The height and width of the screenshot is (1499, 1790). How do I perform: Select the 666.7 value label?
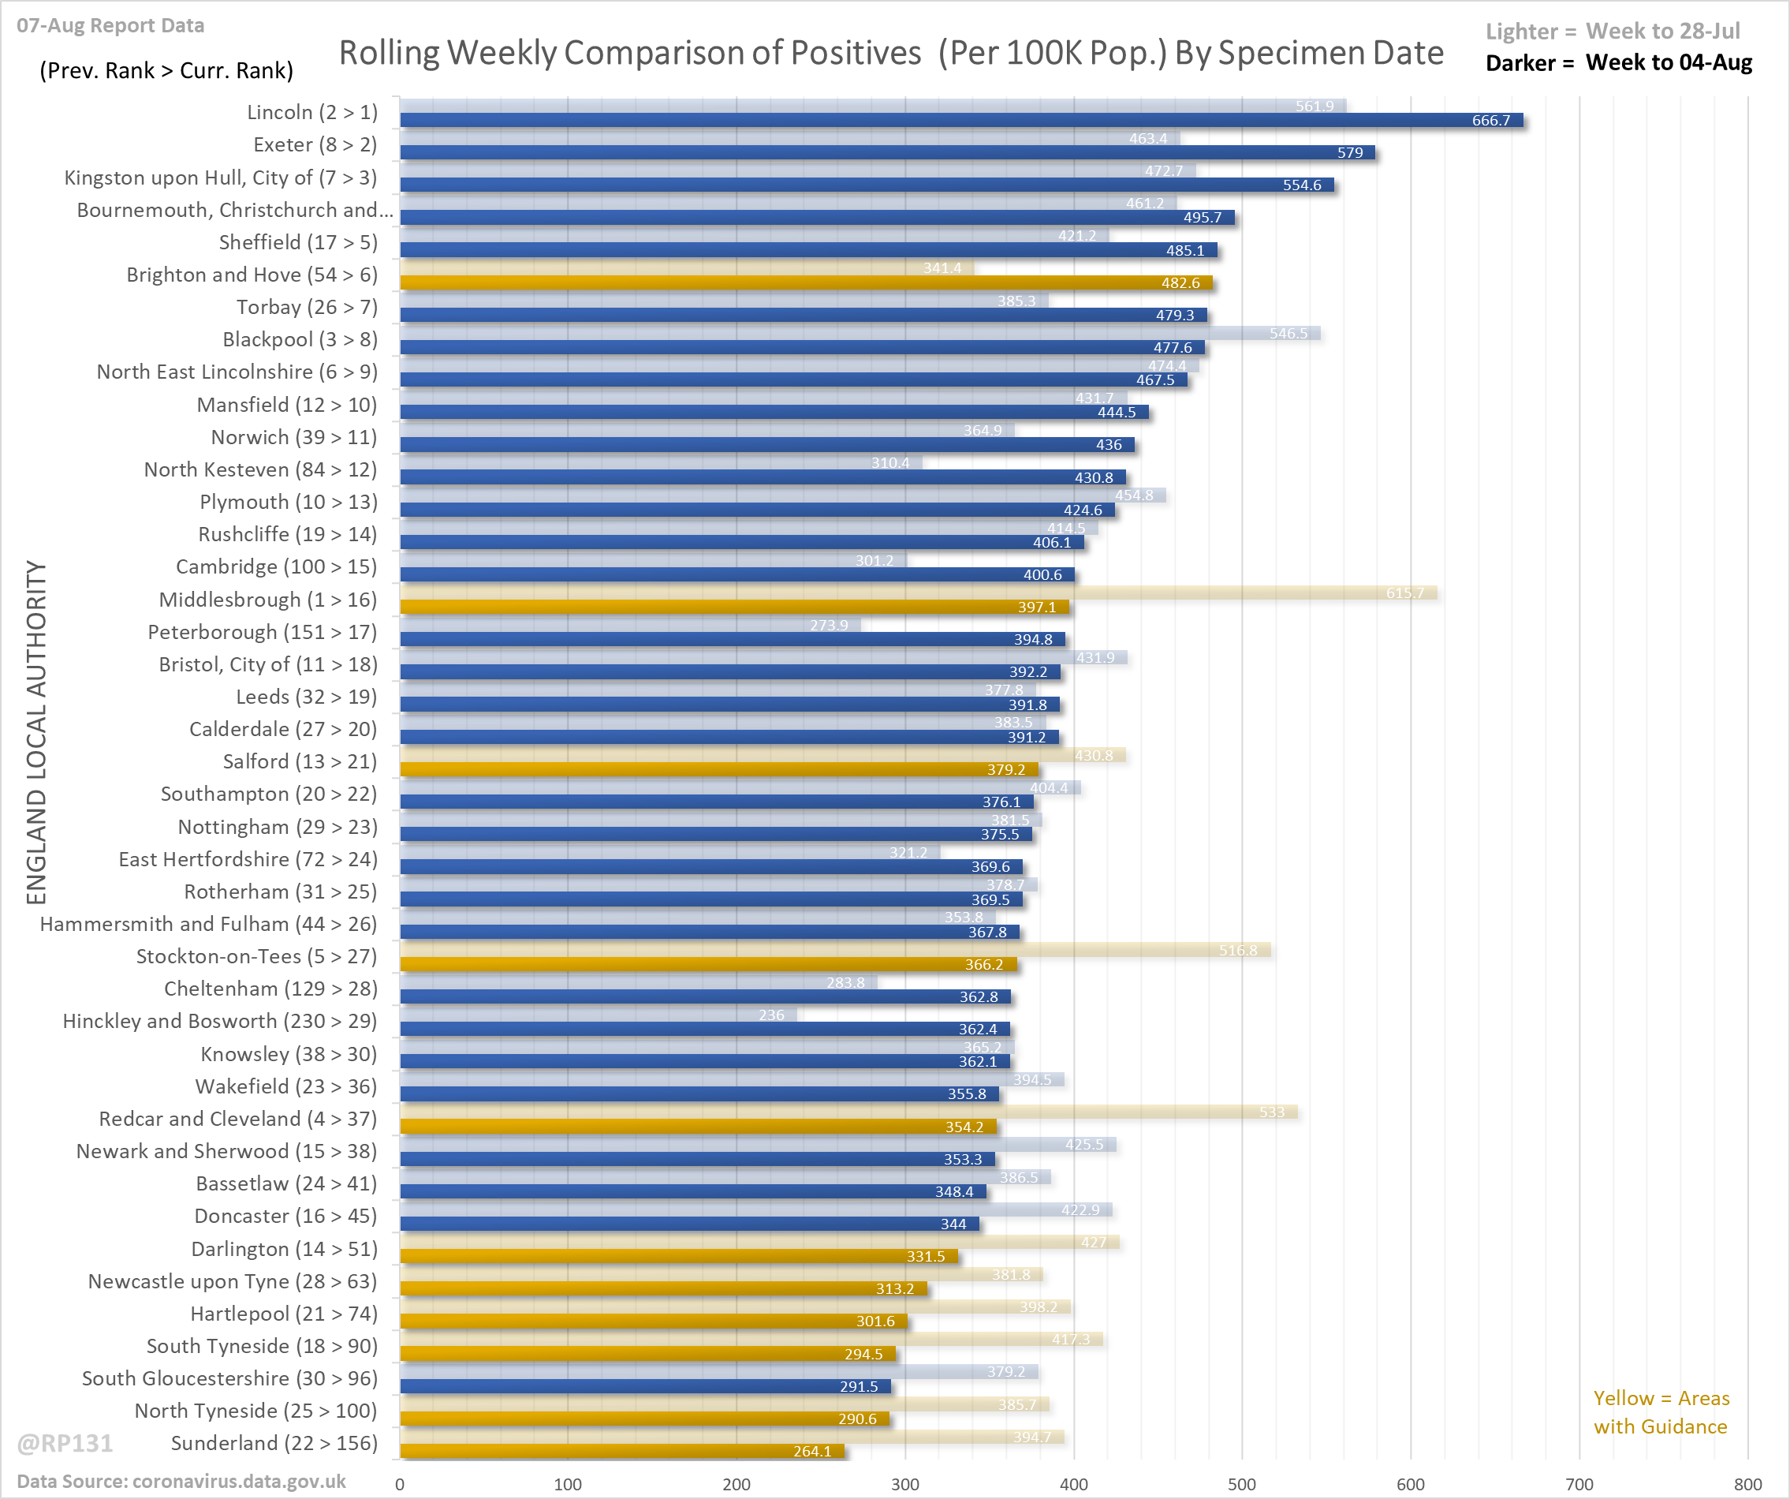pos(1490,120)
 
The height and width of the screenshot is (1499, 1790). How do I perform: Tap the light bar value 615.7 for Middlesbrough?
pos(1404,592)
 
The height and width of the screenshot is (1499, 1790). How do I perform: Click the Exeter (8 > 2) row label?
pos(315,145)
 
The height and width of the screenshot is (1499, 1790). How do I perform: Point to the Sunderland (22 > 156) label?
pos(274,1443)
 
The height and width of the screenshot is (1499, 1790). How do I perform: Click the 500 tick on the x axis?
pos(1241,1484)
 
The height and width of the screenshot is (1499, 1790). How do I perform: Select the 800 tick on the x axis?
pos(1747,1484)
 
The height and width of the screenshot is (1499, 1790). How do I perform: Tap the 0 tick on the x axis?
pos(400,1484)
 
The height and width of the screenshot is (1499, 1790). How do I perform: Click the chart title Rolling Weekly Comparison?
pos(891,53)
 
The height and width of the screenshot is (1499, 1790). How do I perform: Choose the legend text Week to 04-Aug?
pos(1668,63)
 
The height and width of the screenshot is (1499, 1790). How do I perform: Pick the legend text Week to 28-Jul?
pos(1662,32)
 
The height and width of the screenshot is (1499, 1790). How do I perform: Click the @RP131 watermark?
pos(65,1443)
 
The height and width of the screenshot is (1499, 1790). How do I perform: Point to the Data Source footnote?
pos(181,1481)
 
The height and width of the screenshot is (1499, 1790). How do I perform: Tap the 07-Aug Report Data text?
pos(110,25)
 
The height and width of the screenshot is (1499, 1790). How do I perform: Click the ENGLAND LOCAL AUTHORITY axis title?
pos(35,731)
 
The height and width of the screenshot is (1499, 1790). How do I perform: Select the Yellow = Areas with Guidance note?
pos(1661,1412)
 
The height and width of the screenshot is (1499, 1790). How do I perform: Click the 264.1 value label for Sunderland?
pos(811,1451)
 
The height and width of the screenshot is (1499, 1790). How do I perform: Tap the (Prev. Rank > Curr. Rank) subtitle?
pos(166,70)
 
